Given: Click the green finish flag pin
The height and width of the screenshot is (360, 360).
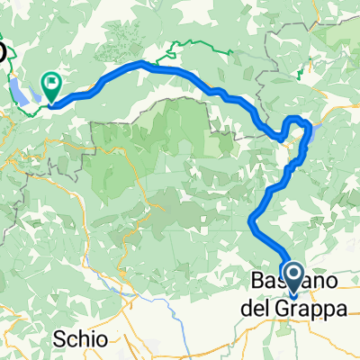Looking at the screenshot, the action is click(x=51, y=85).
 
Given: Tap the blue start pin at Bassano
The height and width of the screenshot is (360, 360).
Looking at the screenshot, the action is click(x=292, y=273).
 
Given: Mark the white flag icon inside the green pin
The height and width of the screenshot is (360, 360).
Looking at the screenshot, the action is click(x=51, y=83).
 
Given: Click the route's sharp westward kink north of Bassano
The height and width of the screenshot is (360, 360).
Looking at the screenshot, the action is click(x=251, y=218).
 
